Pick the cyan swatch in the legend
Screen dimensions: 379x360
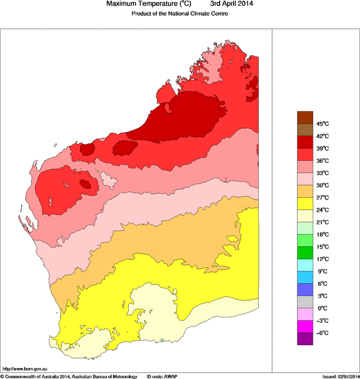pos(305,265)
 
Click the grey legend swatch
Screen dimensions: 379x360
pos(305,302)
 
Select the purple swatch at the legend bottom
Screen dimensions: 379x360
pos(305,339)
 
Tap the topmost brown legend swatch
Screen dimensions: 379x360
pos(305,117)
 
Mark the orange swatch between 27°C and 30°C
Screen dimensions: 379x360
pos(305,191)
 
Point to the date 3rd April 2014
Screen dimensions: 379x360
pos(232,5)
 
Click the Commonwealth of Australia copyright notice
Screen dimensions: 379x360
pos(69,376)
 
